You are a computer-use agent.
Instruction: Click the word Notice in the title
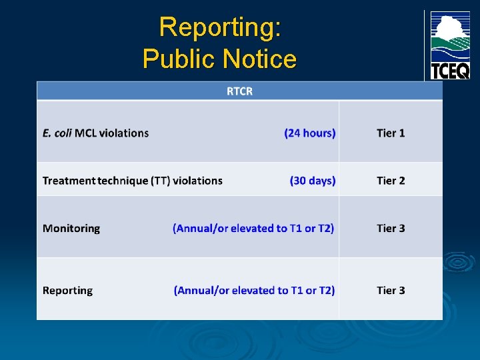click(x=260, y=59)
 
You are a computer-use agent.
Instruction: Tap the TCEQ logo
click(x=449, y=45)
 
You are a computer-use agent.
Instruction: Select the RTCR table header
click(x=239, y=91)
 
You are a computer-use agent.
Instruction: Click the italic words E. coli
click(x=57, y=133)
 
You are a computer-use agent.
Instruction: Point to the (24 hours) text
click(x=310, y=133)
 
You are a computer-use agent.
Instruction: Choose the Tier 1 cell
click(x=391, y=133)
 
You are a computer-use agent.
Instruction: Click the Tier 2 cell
click(x=391, y=181)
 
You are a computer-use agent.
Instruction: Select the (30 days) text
click(x=313, y=181)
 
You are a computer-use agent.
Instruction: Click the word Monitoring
click(x=71, y=229)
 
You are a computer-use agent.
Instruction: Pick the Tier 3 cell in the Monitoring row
click(x=391, y=229)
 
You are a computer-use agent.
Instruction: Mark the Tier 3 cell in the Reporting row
click(x=391, y=291)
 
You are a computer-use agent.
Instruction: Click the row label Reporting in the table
click(x=67, y=291)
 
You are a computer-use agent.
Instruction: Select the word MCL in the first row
click(x=86, y=133)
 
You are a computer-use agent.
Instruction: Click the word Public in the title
click(x=179, y=59)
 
